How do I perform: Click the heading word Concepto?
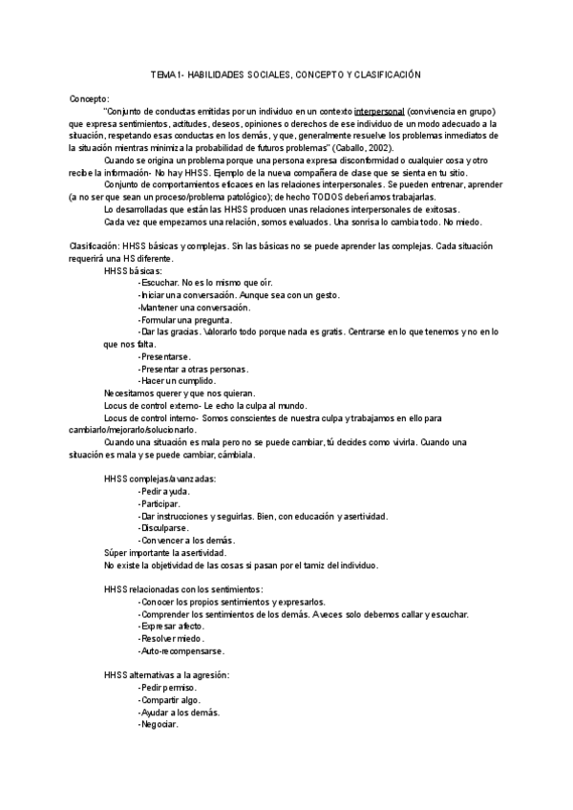click(89, 98)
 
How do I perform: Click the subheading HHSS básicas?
click(133, 270)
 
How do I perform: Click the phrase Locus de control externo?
click(150, 405)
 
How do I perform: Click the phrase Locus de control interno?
click(149, 417)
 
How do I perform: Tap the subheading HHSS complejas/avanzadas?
click(159, 479)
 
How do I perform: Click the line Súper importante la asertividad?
click(164, 552)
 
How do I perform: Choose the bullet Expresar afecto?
click(171, 626)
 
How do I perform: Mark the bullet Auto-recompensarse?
click(181, 650)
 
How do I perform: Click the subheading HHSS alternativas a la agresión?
click(165, 675)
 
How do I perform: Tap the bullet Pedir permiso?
click(169, 688)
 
